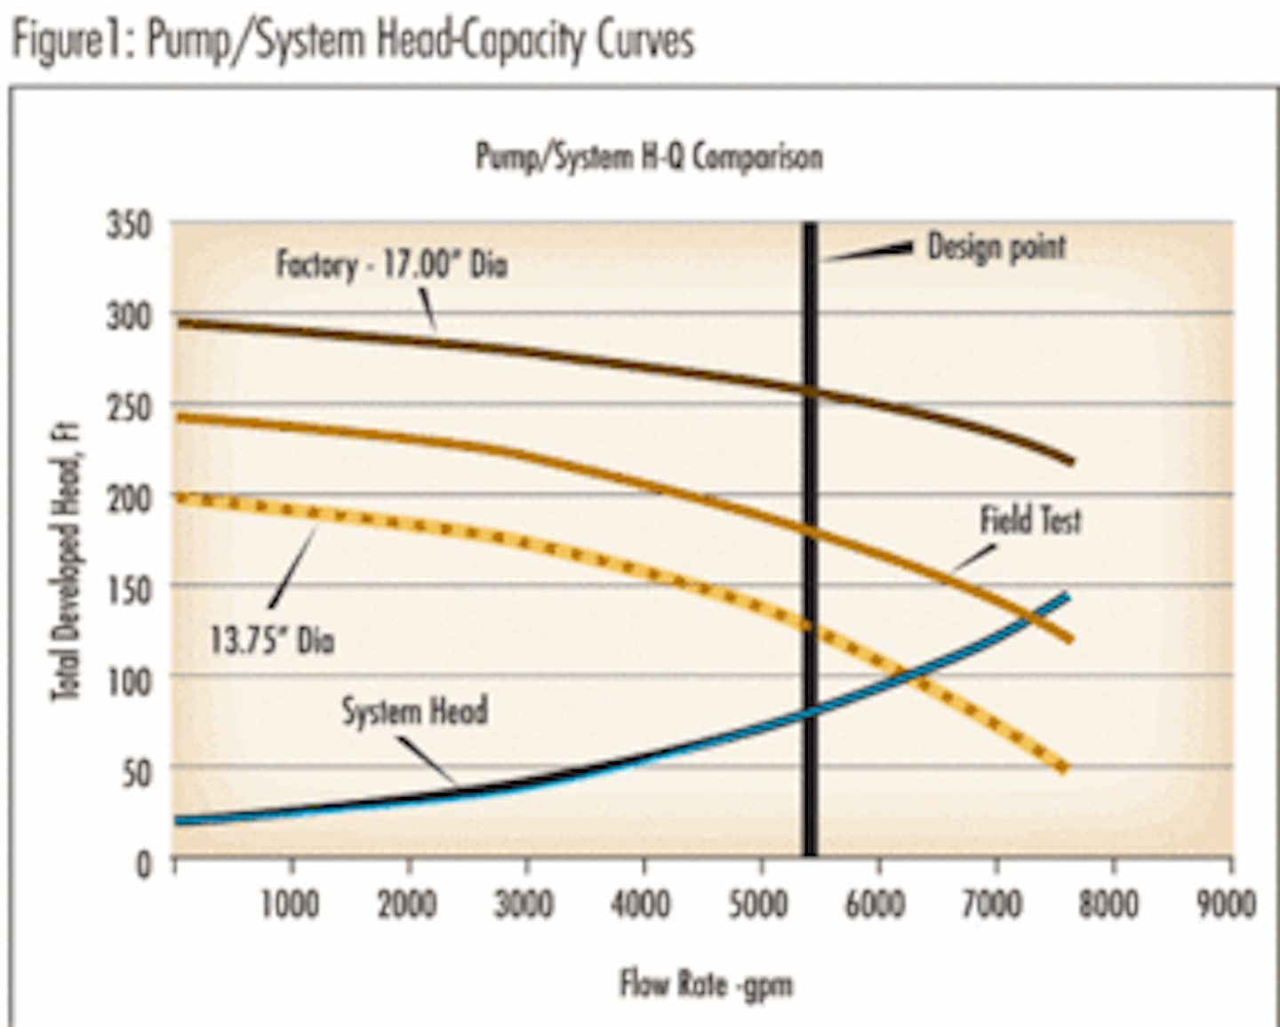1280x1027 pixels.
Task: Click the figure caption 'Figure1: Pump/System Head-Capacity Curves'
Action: [x=353, y=41]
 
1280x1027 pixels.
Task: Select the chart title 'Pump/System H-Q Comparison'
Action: [x=649, y=157]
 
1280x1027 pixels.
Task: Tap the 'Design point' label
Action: [x=996, y=247]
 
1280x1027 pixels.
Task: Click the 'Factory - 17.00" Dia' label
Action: [x=391, y=265]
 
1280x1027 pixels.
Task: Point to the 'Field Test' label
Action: [x=1030, y=520]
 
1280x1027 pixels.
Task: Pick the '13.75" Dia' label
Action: [x=272, y=640]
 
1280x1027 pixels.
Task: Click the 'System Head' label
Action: [x=415, y=711]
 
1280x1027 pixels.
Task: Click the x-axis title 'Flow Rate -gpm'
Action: [x=706, y=984]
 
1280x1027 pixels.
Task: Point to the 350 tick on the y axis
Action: [x=129, y=225]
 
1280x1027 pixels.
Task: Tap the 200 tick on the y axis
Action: [x=129, y=498]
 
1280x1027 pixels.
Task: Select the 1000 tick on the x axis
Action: [x=289, y=904]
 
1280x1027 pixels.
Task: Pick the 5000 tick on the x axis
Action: [x=759, y=904]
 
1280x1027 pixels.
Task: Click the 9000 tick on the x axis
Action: [x=1227, y=904]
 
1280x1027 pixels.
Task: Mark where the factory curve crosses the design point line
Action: [x=810, y=392]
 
